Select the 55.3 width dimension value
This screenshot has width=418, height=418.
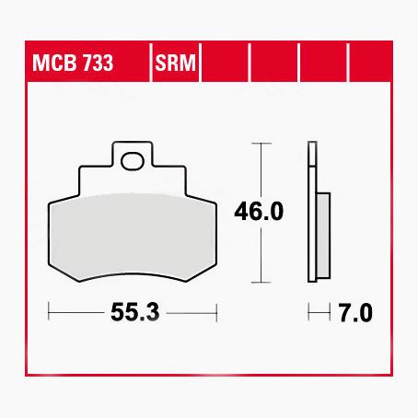[x=131, y=313]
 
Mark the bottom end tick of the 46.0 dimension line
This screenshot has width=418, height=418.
[x=264, y=281]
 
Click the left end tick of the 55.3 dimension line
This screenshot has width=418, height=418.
[x=48, y=313]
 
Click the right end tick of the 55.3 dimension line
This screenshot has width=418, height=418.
[x=215, y=313]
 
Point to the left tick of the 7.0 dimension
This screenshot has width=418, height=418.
[x=310, y=313]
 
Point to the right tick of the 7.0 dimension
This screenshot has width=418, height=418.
[x=330, y=313]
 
